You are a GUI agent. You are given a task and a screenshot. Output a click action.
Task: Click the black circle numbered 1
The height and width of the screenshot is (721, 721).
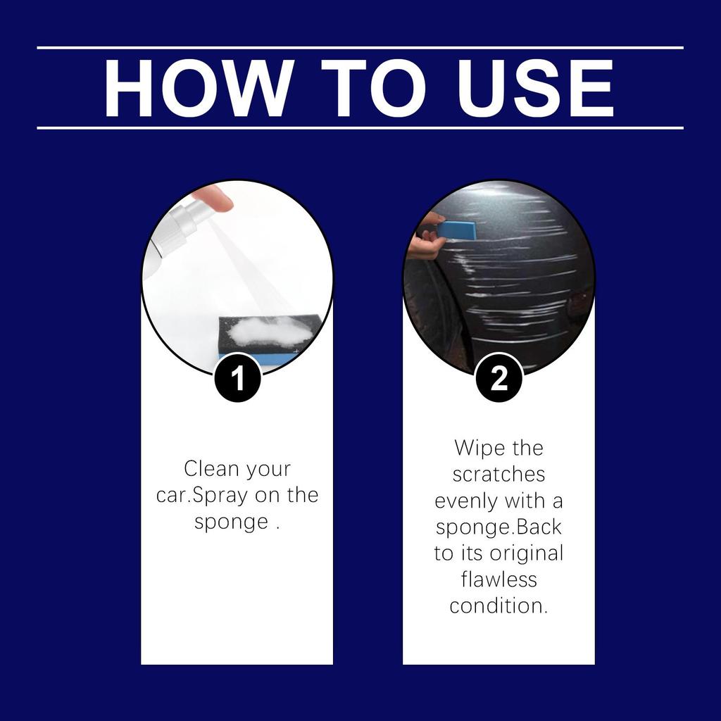(x=237, y=379)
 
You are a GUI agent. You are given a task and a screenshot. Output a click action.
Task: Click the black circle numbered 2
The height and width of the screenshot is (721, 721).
(x=499, y=379)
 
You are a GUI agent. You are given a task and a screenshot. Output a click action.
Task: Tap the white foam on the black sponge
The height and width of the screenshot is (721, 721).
(x=271, y=330)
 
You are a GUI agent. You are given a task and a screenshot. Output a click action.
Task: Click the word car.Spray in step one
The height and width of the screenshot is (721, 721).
(x=202, y=495)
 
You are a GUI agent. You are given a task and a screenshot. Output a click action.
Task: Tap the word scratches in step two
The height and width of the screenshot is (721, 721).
(x=499, y=474)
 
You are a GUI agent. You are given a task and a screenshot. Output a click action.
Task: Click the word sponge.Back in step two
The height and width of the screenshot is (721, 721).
(x=499, y=527)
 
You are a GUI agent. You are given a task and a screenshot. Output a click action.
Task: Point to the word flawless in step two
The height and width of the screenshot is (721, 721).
(x=499, y=579)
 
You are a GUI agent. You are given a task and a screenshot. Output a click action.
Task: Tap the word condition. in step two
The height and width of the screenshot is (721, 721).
(x=499, y=606)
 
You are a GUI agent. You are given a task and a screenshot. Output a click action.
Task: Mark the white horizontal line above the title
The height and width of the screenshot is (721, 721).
(x=360, y=48)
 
